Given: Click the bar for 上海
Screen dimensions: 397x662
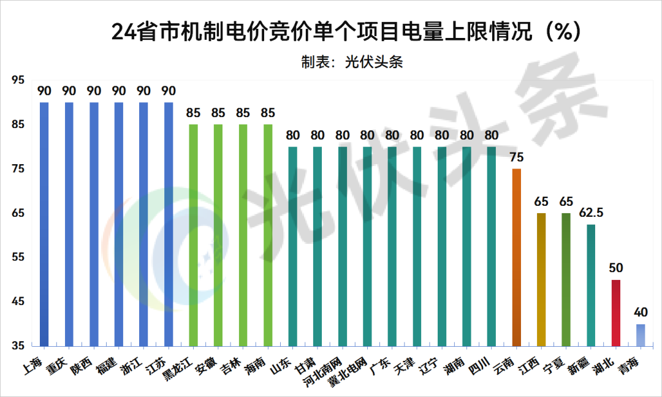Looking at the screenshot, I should coord(44,224).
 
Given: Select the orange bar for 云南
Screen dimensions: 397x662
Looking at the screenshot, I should coord(516,257).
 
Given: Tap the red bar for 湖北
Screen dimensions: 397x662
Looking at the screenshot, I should coord(616,312).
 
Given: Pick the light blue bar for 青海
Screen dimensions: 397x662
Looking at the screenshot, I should coord(641,335).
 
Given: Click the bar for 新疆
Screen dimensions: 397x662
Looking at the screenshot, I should coord(591,285).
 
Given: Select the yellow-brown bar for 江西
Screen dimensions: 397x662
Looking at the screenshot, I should coord(541,279).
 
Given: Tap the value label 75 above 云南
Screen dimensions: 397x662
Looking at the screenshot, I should coord(516,157).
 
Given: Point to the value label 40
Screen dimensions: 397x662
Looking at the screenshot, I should coord(641,312).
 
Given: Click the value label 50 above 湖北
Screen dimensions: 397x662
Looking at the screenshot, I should coord(616,268).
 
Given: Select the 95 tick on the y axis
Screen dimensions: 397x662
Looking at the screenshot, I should coord(18,80).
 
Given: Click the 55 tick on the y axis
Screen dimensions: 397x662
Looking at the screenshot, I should coord(18,257).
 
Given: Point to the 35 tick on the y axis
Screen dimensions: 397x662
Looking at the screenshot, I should coord(18,346).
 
